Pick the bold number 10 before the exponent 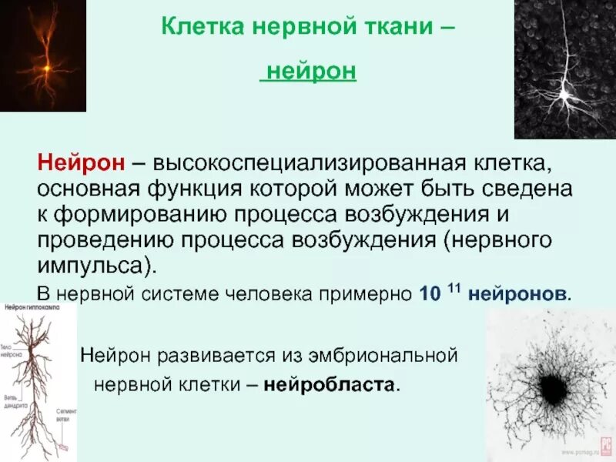[430, 294]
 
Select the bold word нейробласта [332, 383]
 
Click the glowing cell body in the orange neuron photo [46, 69]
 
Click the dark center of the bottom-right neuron [550, 382]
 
